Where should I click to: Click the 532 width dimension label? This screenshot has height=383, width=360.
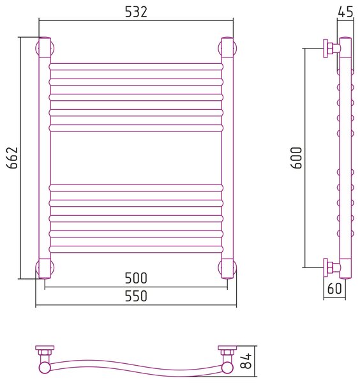tap(136, 12)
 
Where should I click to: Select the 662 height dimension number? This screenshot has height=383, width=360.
tap(12, 158)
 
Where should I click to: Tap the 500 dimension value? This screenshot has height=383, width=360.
tap(136, 278)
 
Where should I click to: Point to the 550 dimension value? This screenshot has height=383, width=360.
tap(136, 296)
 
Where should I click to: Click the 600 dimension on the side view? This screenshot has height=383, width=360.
tap(297, 158)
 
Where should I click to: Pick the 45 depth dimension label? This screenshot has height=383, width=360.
tap(345, 11)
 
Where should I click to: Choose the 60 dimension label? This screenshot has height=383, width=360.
tap(334, 289)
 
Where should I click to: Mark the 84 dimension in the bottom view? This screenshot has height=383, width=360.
tap(246, 361)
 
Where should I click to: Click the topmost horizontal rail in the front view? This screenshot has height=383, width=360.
tap(136, 67)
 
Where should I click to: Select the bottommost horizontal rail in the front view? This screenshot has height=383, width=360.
tap(136, 250)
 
